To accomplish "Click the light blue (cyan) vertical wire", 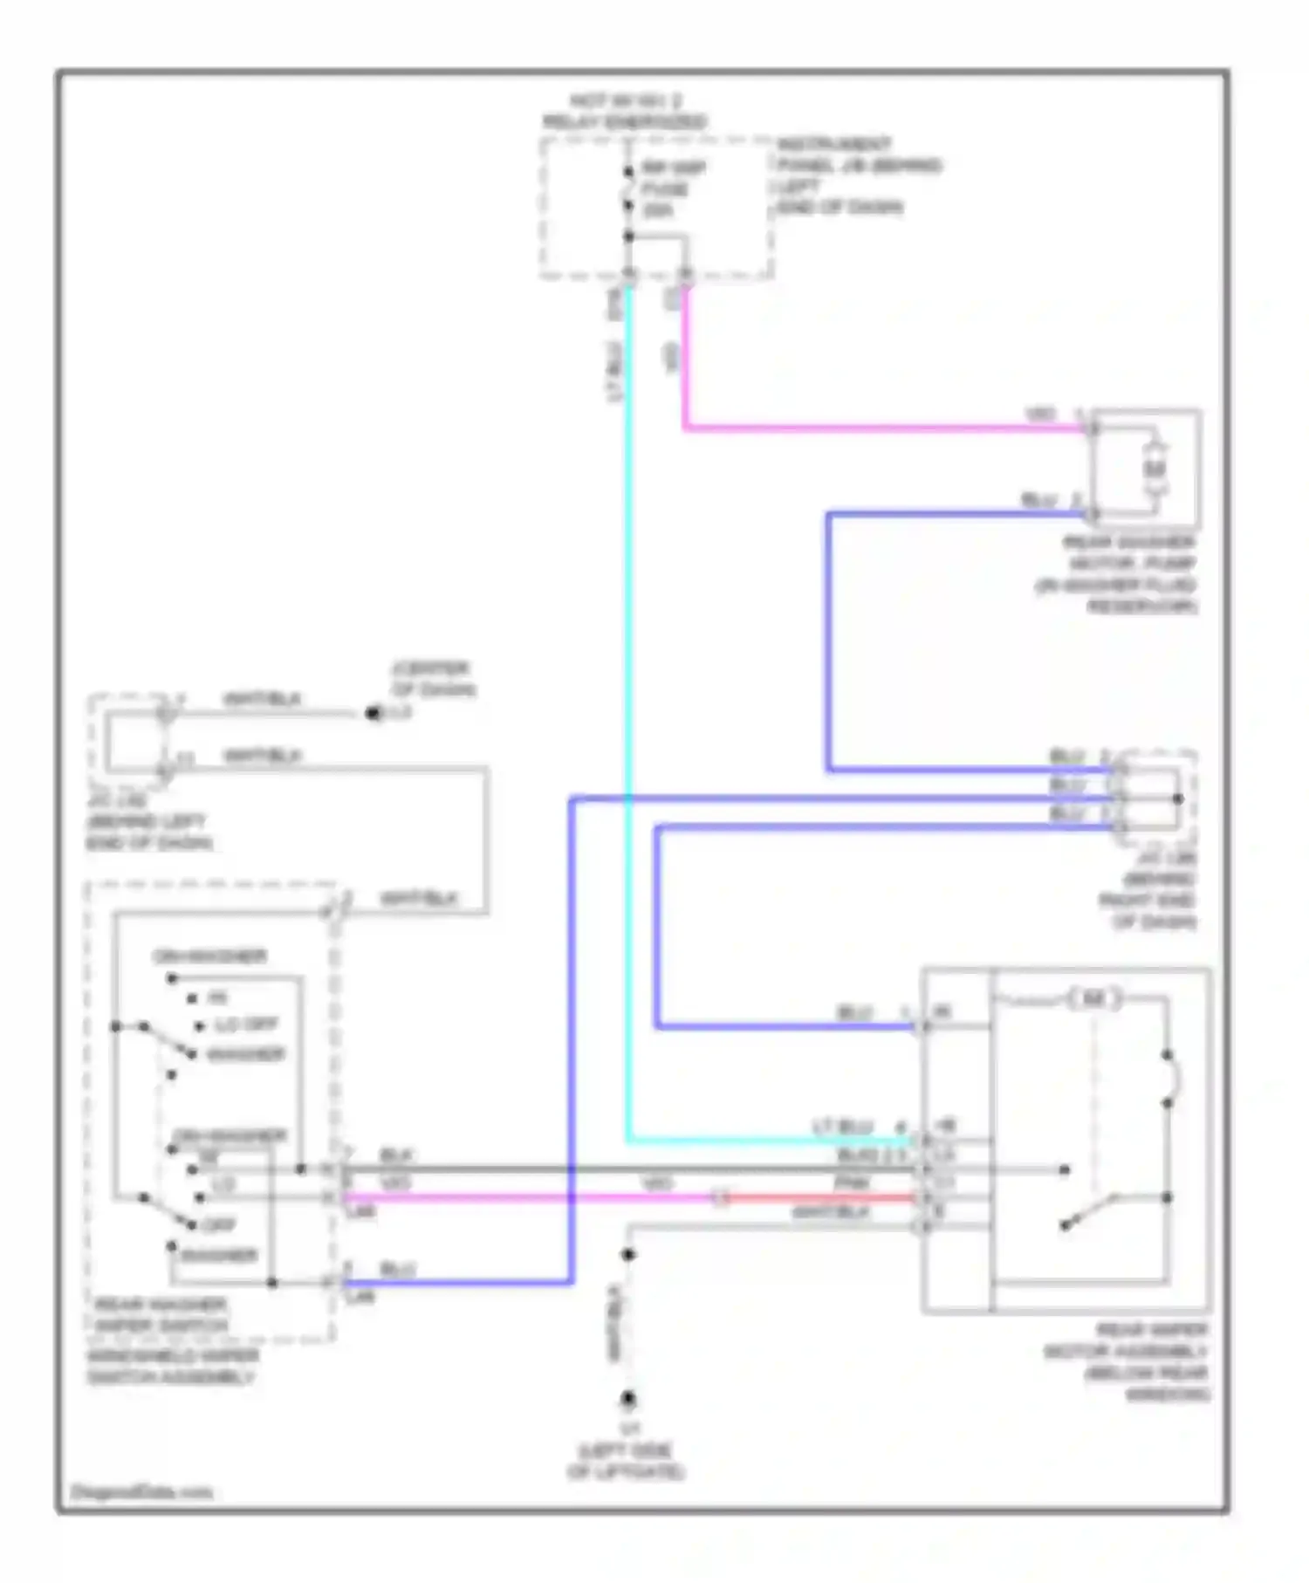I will click(628, 698).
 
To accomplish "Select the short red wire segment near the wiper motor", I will click(820, 1197).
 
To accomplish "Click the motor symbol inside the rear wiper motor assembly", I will click(1093, 998).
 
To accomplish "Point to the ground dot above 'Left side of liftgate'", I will click(627, 1399).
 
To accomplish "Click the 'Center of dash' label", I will click(433, 679).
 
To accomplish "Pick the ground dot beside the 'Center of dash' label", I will click(373, 714).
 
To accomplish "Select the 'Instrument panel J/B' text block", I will click(858, 175).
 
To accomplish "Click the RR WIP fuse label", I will click(673, 188).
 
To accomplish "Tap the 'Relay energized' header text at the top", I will click(625, 112).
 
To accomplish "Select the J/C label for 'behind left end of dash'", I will click(148, 821).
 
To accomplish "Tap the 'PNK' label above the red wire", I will click(851, 1183).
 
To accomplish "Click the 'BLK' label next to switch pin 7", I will click(396, 1155).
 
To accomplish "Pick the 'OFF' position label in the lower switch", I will click(218, 1224).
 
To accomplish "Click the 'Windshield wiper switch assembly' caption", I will click(172, 1367).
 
